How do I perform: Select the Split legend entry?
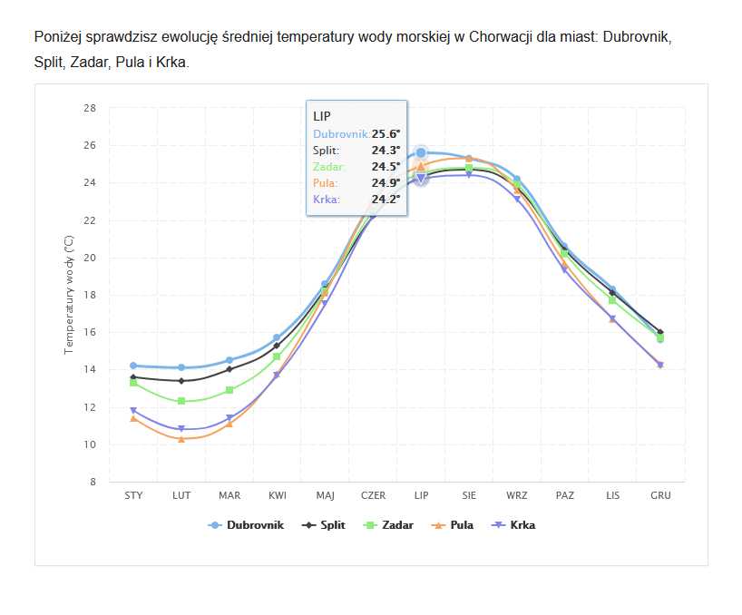point(332,525)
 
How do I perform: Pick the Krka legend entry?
point(522,525)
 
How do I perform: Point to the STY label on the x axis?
point(133,495)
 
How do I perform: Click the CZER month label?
point(373,495)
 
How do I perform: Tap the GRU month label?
point(660,495)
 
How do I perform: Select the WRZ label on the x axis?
point(517,495)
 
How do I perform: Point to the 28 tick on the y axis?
point(90,108)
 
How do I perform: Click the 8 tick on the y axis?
point(93,483)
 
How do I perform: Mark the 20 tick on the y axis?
point(90,258)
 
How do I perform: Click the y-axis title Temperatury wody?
point(69,294)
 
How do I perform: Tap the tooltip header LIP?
point(322,117)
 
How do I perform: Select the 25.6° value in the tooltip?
point(386,134)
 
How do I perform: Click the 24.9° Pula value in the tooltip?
point(386,183)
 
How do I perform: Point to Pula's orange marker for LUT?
point(181,439)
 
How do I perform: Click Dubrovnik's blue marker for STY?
point(133,366)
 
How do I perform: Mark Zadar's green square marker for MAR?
point(229,390)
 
